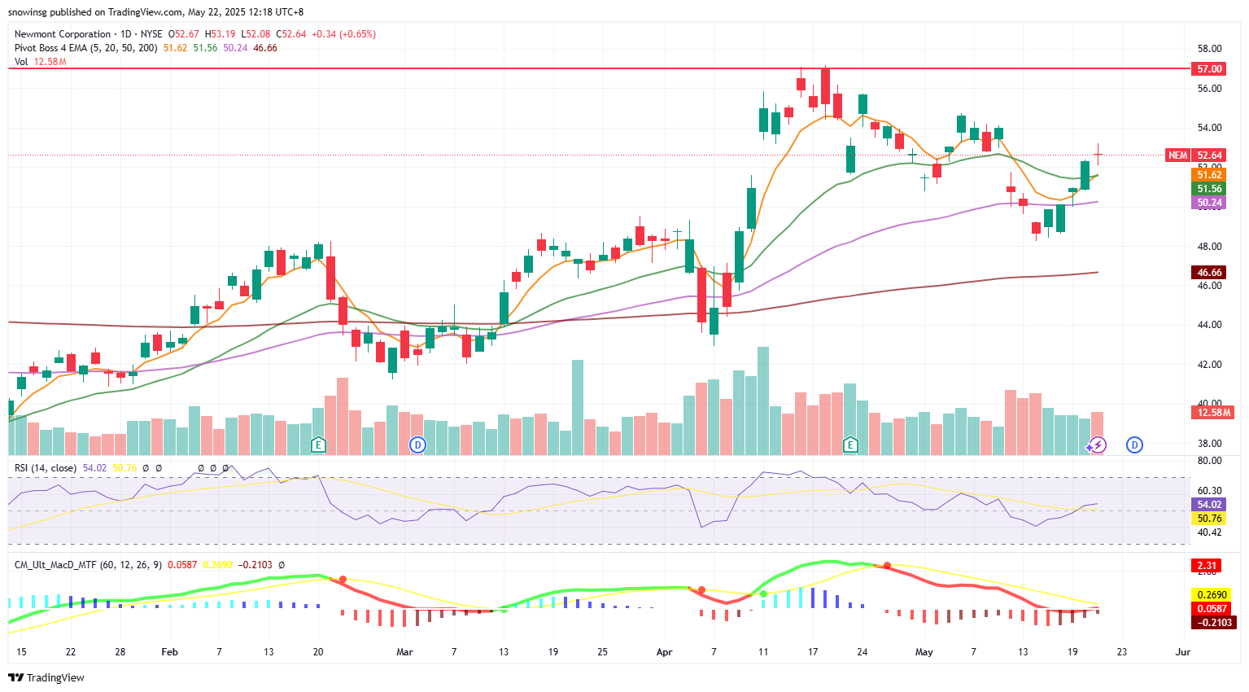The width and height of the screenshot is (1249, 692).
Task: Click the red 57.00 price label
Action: [1209, 69]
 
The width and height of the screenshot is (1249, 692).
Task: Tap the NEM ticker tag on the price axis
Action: [1177, 155]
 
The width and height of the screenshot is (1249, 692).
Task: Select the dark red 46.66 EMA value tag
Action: [1209, 273]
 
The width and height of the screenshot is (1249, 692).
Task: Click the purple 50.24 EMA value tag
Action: [1209, 203]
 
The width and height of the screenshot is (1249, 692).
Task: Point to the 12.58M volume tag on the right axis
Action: [1214, 413]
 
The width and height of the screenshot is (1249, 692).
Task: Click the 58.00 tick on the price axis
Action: [1209, 49]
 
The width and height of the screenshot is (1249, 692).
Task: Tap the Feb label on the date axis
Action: [169, 652]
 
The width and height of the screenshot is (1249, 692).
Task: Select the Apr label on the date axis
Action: [664, 652]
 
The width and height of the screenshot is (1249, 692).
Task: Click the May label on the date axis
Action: [924, 652]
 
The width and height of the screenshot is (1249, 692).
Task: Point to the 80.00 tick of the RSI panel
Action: [1209, 461]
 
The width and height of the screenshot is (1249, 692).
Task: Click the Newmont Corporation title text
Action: [63, 34]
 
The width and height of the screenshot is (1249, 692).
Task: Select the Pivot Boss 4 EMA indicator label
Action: [85, 48]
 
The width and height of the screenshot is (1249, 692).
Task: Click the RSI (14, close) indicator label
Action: [46, 468]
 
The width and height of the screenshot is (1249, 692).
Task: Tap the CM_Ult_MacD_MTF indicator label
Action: [53, 565]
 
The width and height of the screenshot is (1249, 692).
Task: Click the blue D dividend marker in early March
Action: [417, 445]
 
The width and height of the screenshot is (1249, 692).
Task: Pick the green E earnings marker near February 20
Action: [318, 445]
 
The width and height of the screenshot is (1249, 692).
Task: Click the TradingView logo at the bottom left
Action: [46, 677]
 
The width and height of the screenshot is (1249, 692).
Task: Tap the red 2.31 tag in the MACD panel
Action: [1207, 566]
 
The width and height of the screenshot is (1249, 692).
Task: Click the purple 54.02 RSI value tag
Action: [1209, 505]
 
